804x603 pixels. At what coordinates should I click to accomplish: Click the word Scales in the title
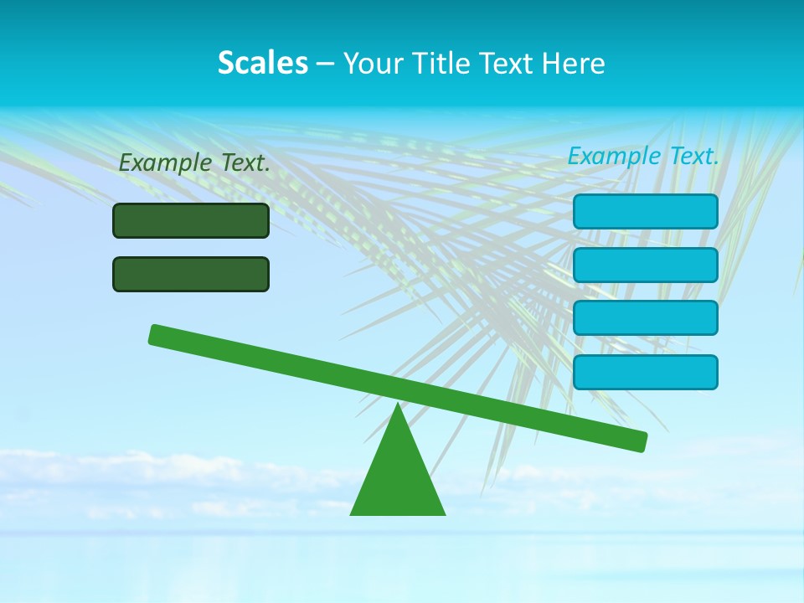[262, 63]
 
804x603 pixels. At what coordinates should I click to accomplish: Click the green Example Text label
[194, 163]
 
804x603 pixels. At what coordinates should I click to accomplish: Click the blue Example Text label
[643, 156]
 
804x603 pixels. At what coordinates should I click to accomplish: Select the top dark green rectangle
[191, 220]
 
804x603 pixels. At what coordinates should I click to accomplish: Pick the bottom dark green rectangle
[191, 274]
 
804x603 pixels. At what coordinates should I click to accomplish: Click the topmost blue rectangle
[645, 211]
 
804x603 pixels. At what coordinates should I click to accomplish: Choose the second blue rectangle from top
[645, 265]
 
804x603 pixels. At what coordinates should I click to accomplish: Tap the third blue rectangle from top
[645, 318]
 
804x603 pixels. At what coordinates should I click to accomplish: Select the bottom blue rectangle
[645, 372]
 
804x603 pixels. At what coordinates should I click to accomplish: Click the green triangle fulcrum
[398, 477]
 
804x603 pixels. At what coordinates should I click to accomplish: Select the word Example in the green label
[164, 163]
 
